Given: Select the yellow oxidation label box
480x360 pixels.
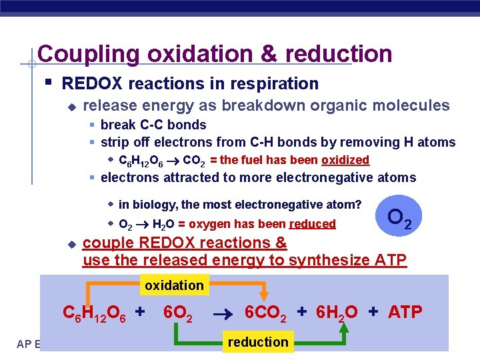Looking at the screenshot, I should pyautogui.click(x=174, y=285).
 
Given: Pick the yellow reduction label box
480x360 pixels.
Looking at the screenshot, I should pyautogui.click(x=258, y=342).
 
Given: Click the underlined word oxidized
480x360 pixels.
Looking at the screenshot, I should pyautogui.click(x=345, y=160).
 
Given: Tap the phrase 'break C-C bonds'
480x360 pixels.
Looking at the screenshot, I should pyautogui.click(x=153, y=125).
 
